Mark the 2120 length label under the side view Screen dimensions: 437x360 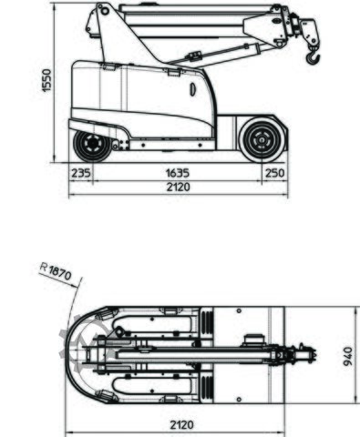pyautogui.click(x=178, y=187)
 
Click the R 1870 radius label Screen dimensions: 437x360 pyautogui.click(x=56, y=269)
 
